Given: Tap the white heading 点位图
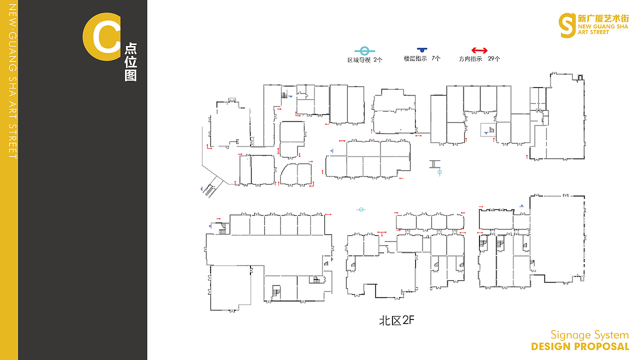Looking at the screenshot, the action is [130, 62].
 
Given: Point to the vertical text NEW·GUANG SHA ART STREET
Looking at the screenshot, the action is [12, 81].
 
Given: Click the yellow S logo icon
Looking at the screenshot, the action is [567, 25].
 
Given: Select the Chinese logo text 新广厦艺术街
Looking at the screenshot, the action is [603, 18].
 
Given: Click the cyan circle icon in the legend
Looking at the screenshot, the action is [364, 51].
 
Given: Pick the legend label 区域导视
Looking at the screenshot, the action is [359, 60].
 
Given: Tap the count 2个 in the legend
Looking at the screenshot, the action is [377, 60].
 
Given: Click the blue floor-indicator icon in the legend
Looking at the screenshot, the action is [421, 49].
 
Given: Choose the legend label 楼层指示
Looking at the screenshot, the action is [415, 58].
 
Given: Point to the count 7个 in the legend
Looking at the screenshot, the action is [436, 58].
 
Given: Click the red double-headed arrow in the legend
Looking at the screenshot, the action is [479, 50].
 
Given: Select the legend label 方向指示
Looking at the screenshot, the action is [470, 59].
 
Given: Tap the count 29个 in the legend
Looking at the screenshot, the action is [494, 59].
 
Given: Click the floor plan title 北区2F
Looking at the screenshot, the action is [396, 320].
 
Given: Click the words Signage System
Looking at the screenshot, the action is [589, 335].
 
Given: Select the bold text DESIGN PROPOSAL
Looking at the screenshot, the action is [580, 346].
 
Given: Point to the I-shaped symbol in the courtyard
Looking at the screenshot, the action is [434, 164].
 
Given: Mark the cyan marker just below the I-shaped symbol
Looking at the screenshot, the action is [439, 172].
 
